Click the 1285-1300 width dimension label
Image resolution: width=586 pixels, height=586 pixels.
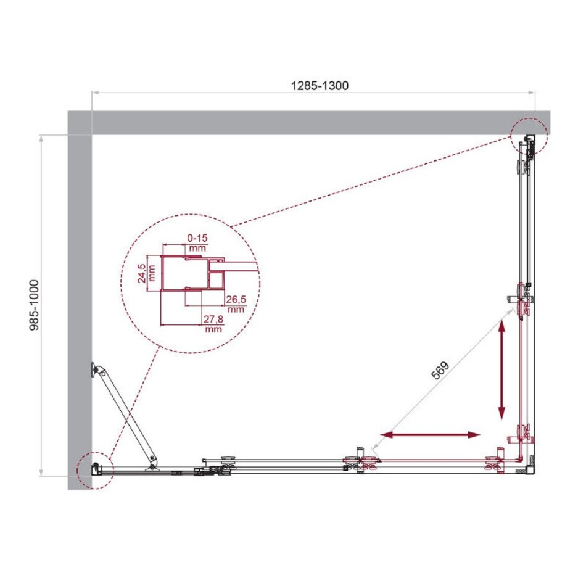pyautogui.click(x=320, y=86)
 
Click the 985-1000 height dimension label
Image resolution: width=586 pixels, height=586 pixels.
pyautogui.click(x=34, y=305)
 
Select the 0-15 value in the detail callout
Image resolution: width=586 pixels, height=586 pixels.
pyautogui.click(x=197, y=237)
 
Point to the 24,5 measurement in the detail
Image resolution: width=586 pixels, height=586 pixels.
pyautogui.click(x=141, y=273)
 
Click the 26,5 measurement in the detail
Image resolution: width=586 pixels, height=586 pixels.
pyautogui.click(x=236, y=299)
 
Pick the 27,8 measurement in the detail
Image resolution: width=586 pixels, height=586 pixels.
pyautogui.click(x=213, y=319)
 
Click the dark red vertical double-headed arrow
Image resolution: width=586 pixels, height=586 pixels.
pyautogui.click(x=501, y=370)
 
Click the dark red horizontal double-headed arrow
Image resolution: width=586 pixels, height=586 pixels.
pyautogui.click(x=430, y=434)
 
